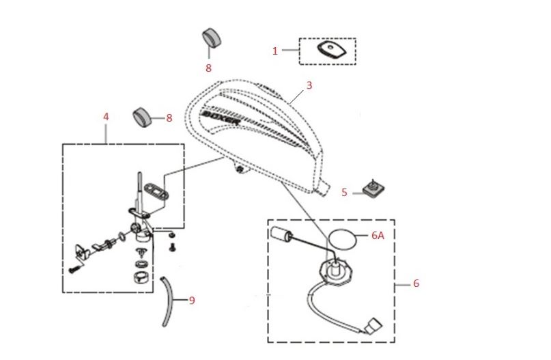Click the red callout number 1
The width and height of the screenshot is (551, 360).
[275, 51]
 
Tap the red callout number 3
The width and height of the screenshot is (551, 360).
[309, 85]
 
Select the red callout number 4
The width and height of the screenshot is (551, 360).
[106, 117]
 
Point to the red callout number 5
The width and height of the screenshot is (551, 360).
[344, 193]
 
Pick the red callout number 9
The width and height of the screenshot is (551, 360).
[192, 299]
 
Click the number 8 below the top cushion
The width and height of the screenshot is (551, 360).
[208, 68]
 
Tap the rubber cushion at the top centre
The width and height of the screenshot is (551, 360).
[212, 39]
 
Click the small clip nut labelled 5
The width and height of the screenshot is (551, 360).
[373, 188]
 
